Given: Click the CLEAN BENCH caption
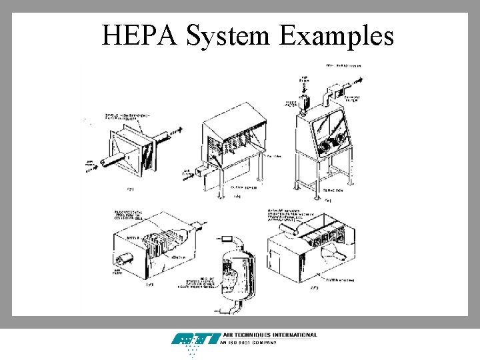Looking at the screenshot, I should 227,189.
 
